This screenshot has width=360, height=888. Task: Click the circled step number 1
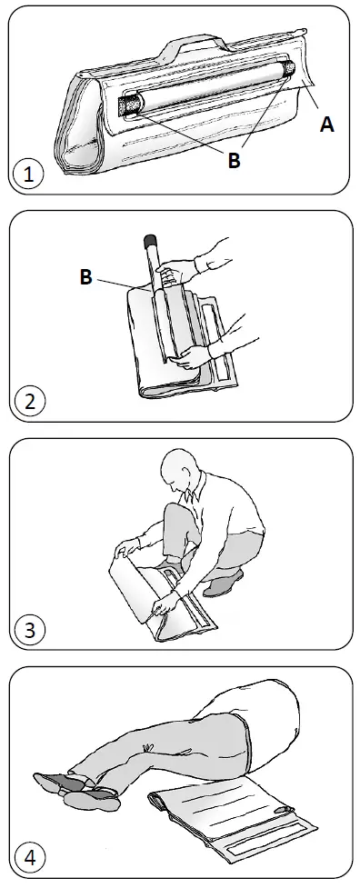coord(29,174)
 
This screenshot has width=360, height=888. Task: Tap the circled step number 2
coord(29,401)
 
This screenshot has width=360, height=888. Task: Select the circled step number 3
coord(29,628)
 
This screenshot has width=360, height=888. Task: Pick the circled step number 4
coord(29,856)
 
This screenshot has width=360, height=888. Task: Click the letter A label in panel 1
coord(326,126)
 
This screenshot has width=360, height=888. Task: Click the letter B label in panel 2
coord(85,277)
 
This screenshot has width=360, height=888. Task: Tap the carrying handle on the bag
coord(195,44)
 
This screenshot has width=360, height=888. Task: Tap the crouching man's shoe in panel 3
coord(221,583)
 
